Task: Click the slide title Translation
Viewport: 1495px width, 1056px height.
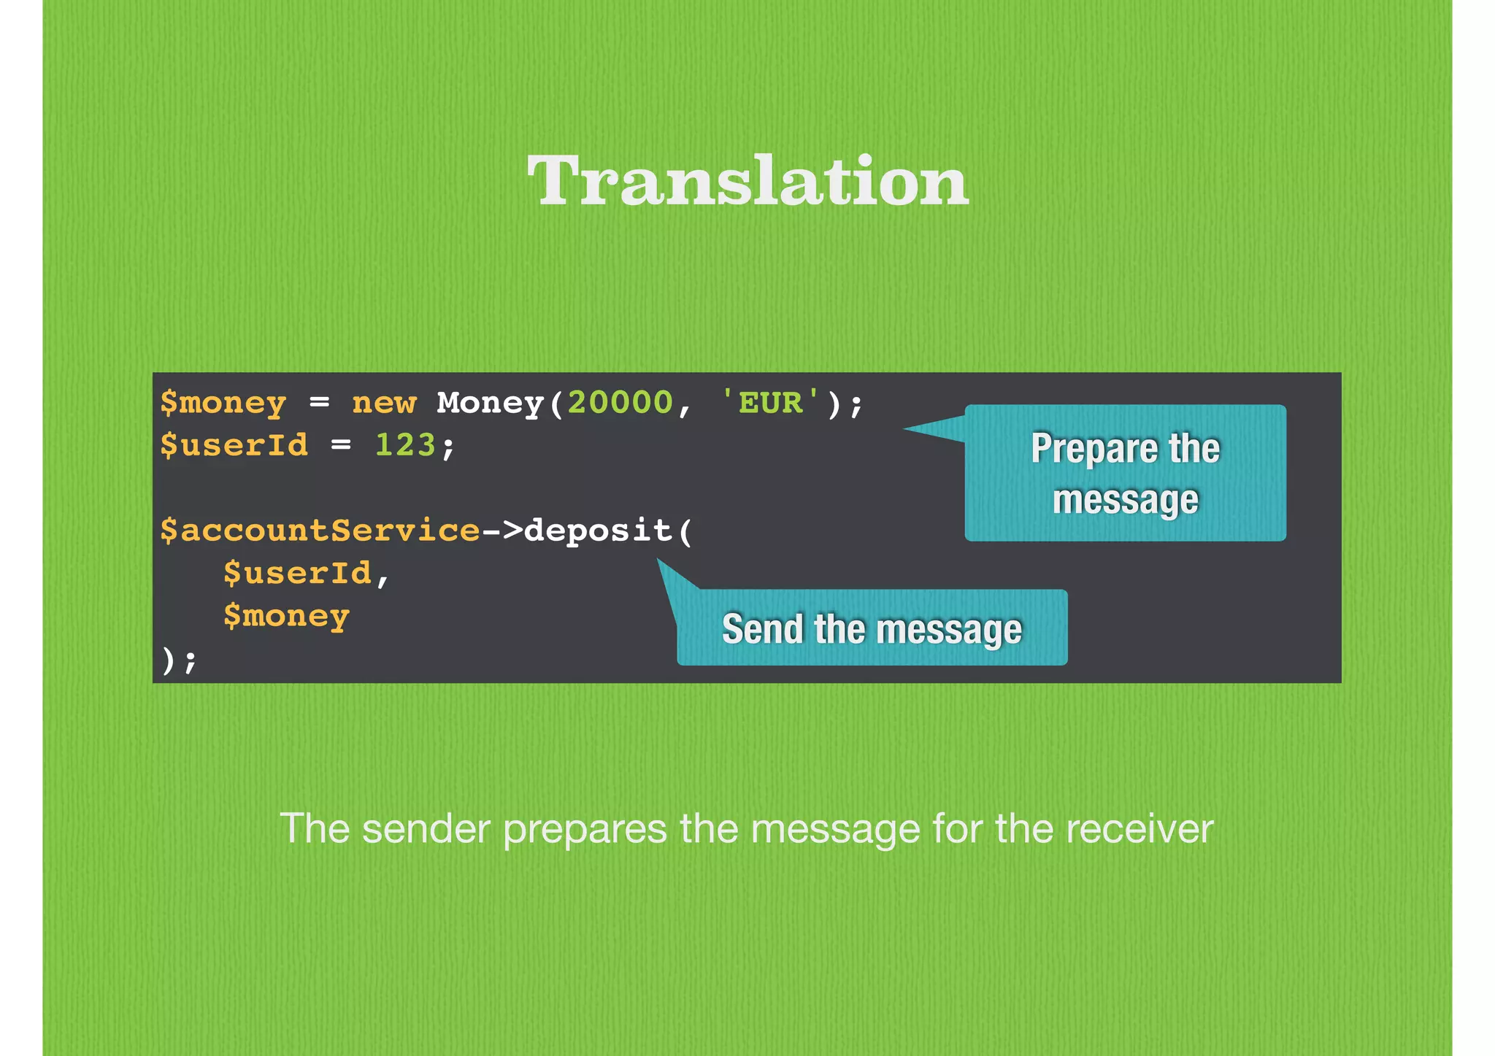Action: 747,181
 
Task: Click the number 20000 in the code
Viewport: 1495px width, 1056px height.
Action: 620,402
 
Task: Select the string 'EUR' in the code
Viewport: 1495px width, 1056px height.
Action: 770,402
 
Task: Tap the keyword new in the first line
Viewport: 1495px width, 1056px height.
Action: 384,402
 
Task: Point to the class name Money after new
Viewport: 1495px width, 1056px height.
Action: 490,402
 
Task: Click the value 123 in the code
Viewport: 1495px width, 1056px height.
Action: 404,444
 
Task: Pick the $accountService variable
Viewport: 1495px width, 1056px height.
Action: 320,531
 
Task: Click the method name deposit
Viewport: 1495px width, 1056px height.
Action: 598,531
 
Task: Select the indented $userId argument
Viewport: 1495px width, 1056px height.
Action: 298,573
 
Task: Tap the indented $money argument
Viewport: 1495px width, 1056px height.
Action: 287,617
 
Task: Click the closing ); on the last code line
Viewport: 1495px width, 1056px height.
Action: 179,660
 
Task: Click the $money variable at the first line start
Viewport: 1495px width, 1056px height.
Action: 223,404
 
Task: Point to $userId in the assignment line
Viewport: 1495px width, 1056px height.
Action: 234,445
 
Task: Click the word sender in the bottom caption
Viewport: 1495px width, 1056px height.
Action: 426,829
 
